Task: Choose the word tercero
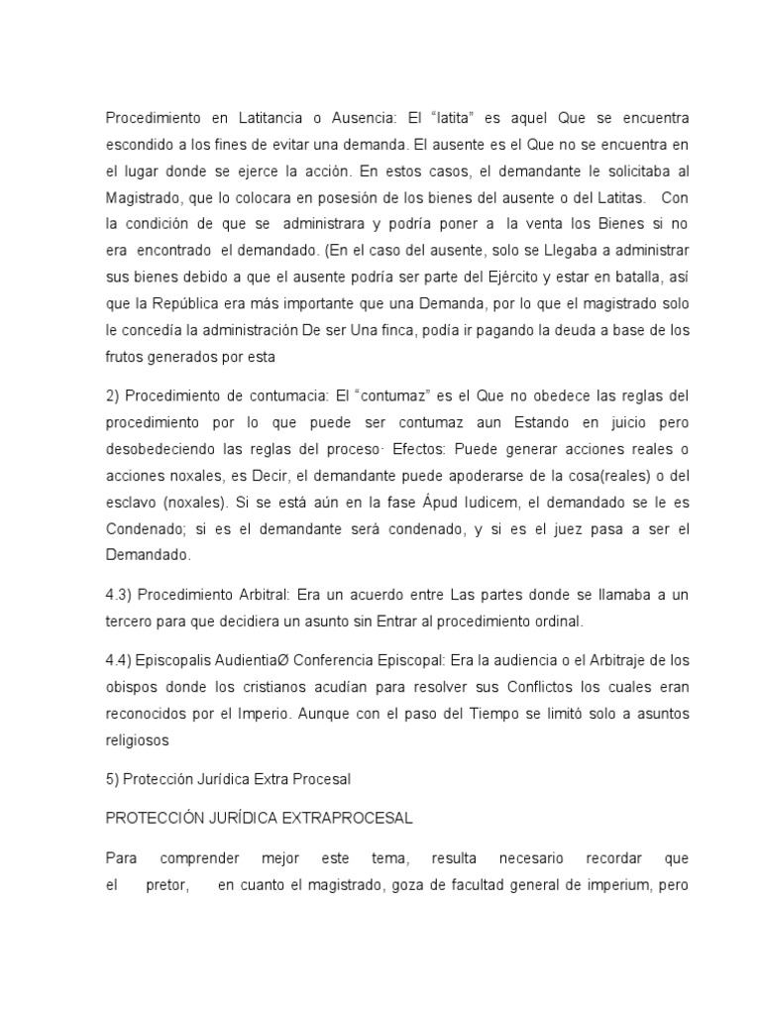pos(134,623)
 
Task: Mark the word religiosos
pos(140,738)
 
